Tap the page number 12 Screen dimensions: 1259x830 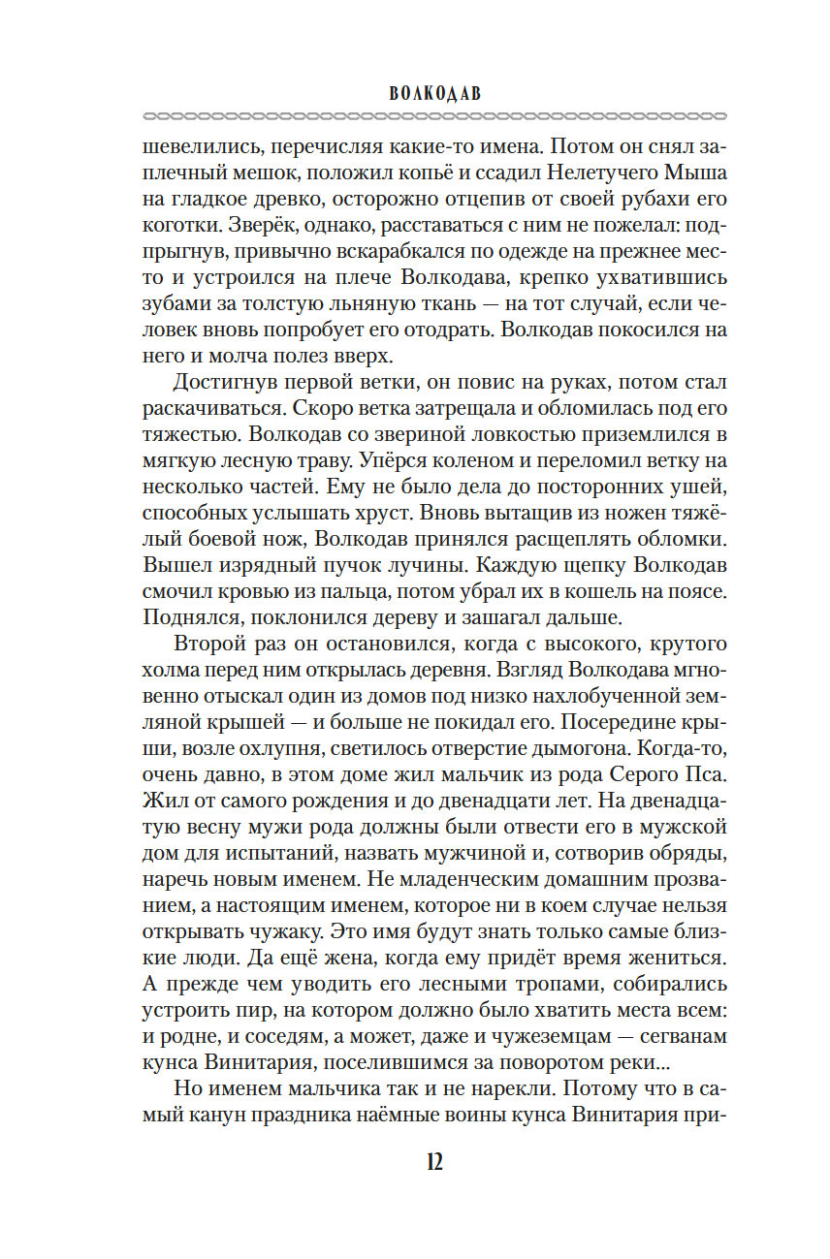414,1163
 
